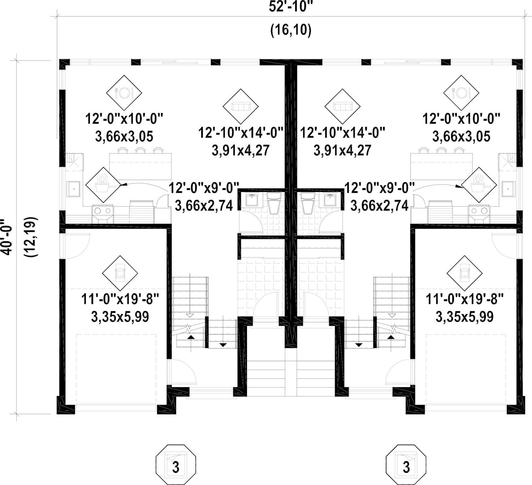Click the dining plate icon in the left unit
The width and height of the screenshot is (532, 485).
click(124, 93)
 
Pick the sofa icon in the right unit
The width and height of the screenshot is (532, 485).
click(342, 106)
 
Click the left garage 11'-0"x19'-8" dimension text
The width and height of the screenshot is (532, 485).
click(120, 300)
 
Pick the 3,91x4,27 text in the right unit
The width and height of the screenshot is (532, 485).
click(342, 150)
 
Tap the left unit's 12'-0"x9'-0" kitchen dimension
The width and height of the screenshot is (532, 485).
click(204, 188)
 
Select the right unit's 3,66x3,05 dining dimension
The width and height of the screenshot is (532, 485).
click(461, 136)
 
